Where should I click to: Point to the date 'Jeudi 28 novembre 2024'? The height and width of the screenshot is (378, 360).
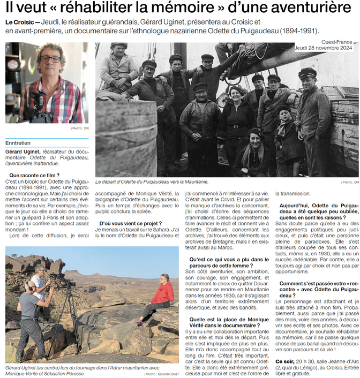pos(326,48)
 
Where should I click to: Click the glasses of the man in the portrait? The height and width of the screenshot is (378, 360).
pos(50,59)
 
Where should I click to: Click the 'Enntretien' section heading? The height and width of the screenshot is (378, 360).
pos(18,143)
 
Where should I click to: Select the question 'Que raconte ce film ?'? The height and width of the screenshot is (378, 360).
pos(34,175)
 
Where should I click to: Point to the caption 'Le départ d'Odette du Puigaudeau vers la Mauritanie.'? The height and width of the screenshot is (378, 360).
pos(152,182)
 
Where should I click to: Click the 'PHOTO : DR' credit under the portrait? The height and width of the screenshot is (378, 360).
pos(78,128)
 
